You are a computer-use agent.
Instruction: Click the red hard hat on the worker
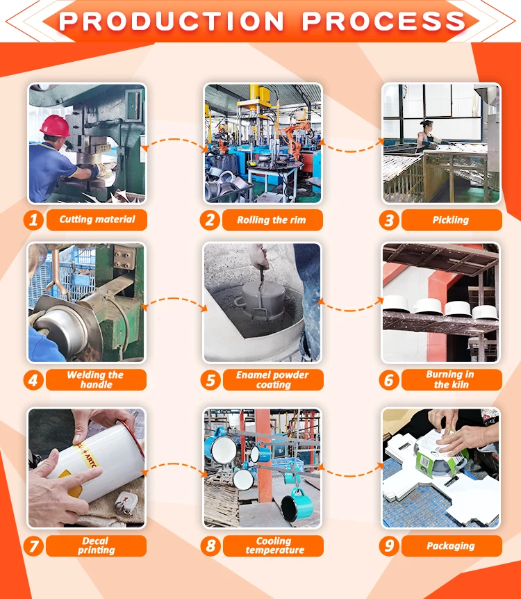coord(55,125)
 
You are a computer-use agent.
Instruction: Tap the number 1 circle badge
coord(33,220)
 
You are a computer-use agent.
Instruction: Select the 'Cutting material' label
coord(97,220)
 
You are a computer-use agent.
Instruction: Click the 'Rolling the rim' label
coord(272,220)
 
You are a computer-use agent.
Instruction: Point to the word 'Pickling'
coord(451,220)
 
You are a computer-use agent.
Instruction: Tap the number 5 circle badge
coord(210,380)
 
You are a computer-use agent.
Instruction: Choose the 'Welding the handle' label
coord(96,379)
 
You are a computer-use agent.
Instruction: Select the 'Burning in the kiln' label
coord(452,379)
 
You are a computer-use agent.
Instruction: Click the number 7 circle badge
coord(33,545)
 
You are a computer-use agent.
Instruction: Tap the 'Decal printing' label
coord(96,545)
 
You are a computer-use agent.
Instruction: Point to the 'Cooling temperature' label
coord(273,545)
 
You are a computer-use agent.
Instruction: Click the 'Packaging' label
coord(452,545)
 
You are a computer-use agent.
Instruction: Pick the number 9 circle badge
coord(389,545)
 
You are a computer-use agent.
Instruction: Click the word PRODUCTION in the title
coord(172,21)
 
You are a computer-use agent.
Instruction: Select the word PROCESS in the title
coord(384,21)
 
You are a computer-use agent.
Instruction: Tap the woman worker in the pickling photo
coord(428,136)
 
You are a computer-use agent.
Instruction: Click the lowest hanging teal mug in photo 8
coord(297,504)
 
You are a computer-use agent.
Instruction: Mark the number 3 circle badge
coord(389,220)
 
